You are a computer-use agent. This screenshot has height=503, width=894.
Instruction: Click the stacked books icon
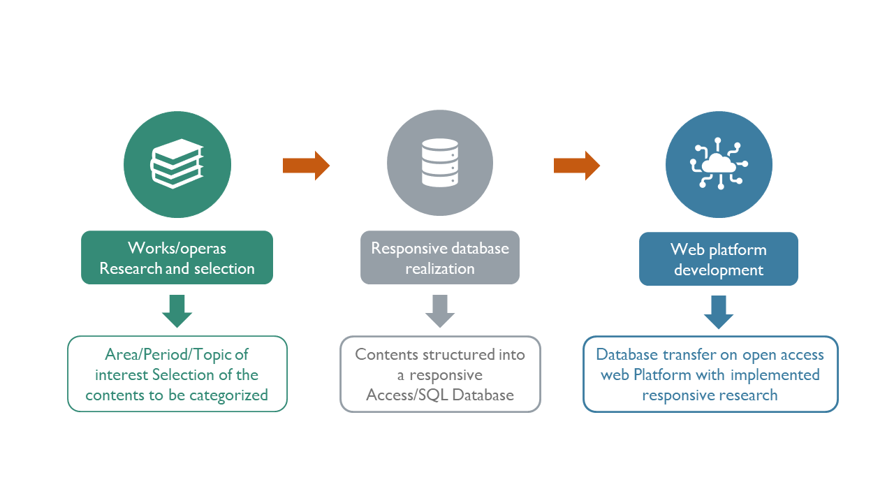point(177,163)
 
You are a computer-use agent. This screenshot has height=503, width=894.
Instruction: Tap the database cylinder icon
point(440,163)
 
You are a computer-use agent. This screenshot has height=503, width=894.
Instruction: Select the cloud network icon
point(719,163)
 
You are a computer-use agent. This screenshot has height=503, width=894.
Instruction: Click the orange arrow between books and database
point(306,166)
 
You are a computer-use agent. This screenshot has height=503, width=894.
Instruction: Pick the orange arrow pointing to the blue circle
point(577,166)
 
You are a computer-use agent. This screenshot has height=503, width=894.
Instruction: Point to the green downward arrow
point(177,312)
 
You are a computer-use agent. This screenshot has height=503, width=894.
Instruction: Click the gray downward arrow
point(440,312)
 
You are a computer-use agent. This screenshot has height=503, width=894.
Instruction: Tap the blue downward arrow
point(719,312)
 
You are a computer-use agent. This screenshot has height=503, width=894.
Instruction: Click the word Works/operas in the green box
point(177,248)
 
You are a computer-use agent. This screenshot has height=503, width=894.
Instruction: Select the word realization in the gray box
point(440,269)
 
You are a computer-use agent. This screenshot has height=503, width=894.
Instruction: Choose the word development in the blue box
point(719,270)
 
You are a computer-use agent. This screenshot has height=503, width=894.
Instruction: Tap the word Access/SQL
point(406,395)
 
